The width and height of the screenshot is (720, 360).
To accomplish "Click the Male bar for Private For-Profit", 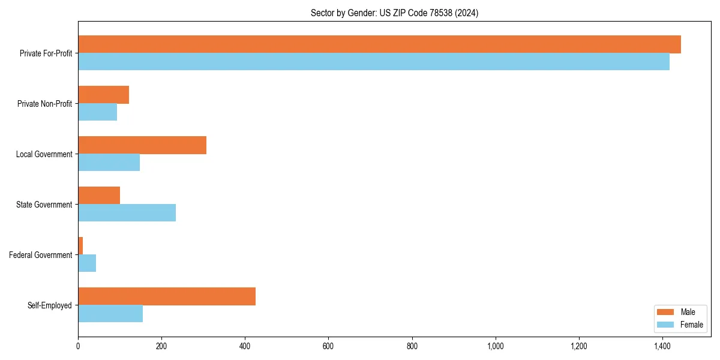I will [x=379, y=44].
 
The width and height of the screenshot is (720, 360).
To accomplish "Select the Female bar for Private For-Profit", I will [x=373, y=62].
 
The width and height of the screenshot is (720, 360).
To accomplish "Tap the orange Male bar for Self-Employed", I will [x=167, y=296].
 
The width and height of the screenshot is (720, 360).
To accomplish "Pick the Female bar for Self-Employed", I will [x=110, y=314].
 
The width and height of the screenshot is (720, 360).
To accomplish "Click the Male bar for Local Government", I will [x=142, y=145].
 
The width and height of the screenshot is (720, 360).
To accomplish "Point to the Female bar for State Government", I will [x=127, y=213].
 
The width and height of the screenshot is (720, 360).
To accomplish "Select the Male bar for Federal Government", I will [x=80, y=246].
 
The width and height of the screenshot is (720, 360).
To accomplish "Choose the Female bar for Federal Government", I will [x=87, y=263].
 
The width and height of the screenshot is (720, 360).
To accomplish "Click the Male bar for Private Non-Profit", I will [x=103, y=95].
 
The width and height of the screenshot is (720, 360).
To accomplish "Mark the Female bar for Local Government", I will [x=109, y=163].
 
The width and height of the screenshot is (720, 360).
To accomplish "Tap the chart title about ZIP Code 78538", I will [x=394, y=13].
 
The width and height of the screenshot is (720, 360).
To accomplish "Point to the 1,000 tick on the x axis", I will [x=495, y=346].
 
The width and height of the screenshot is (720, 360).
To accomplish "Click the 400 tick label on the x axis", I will [x=245, y=346].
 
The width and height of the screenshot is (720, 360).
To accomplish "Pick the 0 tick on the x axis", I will [x=78, y=346].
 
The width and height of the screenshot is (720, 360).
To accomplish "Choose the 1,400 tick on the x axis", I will [x=662, y=346].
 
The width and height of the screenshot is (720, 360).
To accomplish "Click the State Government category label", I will [x=44, y=205].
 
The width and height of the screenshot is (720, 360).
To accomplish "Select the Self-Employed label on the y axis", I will [x=49, y=305].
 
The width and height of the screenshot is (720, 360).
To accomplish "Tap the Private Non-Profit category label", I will [x=44, y=104].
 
